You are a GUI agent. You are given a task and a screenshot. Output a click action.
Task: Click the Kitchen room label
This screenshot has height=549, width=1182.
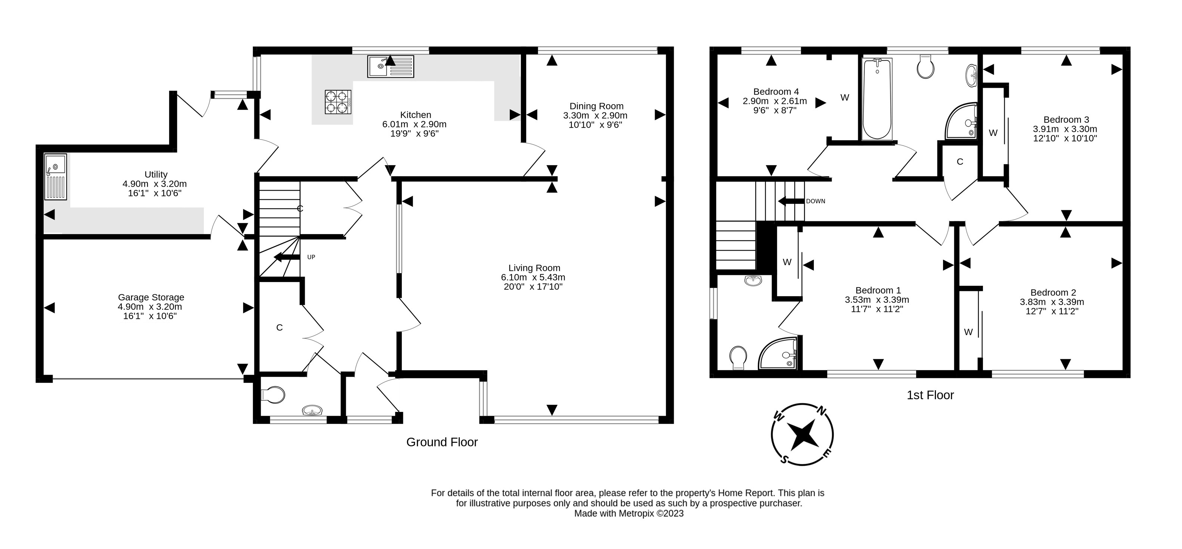click(x=415, y=115)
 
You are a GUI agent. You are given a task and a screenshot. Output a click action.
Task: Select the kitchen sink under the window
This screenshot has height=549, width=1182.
click(x=391, y=66)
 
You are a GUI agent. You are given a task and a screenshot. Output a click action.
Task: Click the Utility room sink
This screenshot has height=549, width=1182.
click(x=56, y=177)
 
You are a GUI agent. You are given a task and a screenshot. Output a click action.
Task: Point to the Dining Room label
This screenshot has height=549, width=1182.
click(x=596, y=106)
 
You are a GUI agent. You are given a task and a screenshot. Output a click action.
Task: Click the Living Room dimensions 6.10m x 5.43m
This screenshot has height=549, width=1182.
click(x=533, y=277)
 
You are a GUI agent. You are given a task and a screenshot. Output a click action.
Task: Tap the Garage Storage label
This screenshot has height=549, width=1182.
click(x=151, y=297)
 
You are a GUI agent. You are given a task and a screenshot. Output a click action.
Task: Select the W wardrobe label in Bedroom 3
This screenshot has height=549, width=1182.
click(x=993, y=133)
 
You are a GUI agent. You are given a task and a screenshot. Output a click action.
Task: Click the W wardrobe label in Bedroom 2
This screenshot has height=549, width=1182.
click(x=968, y=332)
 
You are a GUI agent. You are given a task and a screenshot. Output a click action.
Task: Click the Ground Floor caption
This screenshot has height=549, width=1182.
click(x=442, y=442)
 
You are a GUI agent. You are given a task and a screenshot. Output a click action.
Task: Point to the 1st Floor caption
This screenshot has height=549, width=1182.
click(x=930, y=395)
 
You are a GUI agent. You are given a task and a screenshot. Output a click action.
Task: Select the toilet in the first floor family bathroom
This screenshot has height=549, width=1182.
click(x=925, y=68)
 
